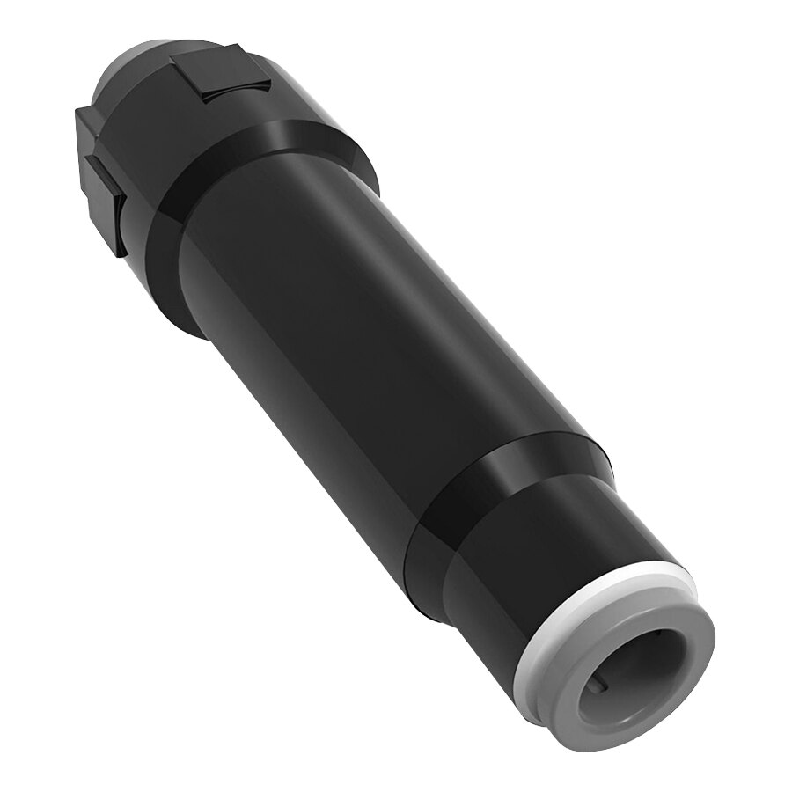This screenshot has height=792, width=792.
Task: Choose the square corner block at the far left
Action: [88, 132]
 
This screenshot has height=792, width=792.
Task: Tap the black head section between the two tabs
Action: [154, 123]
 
